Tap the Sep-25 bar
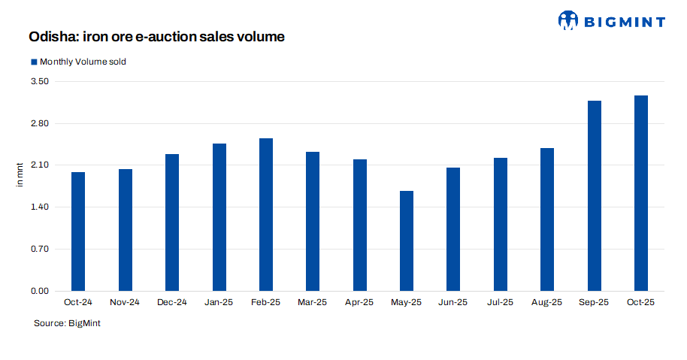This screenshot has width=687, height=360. click(594, 195)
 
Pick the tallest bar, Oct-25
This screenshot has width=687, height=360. click(641, 193)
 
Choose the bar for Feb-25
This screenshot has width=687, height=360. click(266, 214)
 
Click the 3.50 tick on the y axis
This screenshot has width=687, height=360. click(38, 81)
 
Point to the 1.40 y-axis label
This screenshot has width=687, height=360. click(38, 207)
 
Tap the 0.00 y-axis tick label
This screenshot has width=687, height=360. click(38, 291)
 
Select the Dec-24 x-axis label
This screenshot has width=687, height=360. click(172, 302)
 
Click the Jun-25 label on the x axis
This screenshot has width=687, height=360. click(453, 302)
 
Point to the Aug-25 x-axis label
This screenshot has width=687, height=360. click(547, 302)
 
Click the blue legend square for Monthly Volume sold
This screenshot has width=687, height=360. click(33, 62)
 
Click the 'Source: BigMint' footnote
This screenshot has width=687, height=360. click(67, 322)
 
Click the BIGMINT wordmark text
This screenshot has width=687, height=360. click(624, 21)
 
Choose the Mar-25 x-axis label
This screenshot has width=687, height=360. click(313, 302)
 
